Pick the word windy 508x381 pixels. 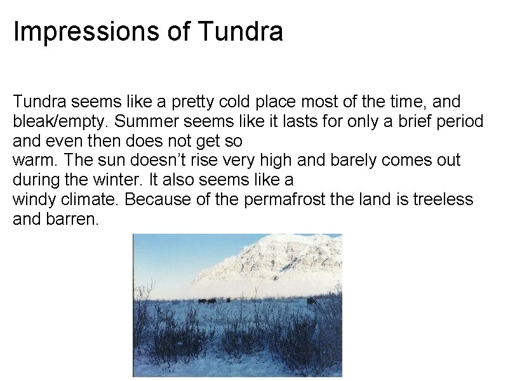coord(34,200)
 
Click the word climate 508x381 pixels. coord(91,200)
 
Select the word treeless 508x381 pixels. coord(443,200)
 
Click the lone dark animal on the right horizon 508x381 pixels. coord(311,301)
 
